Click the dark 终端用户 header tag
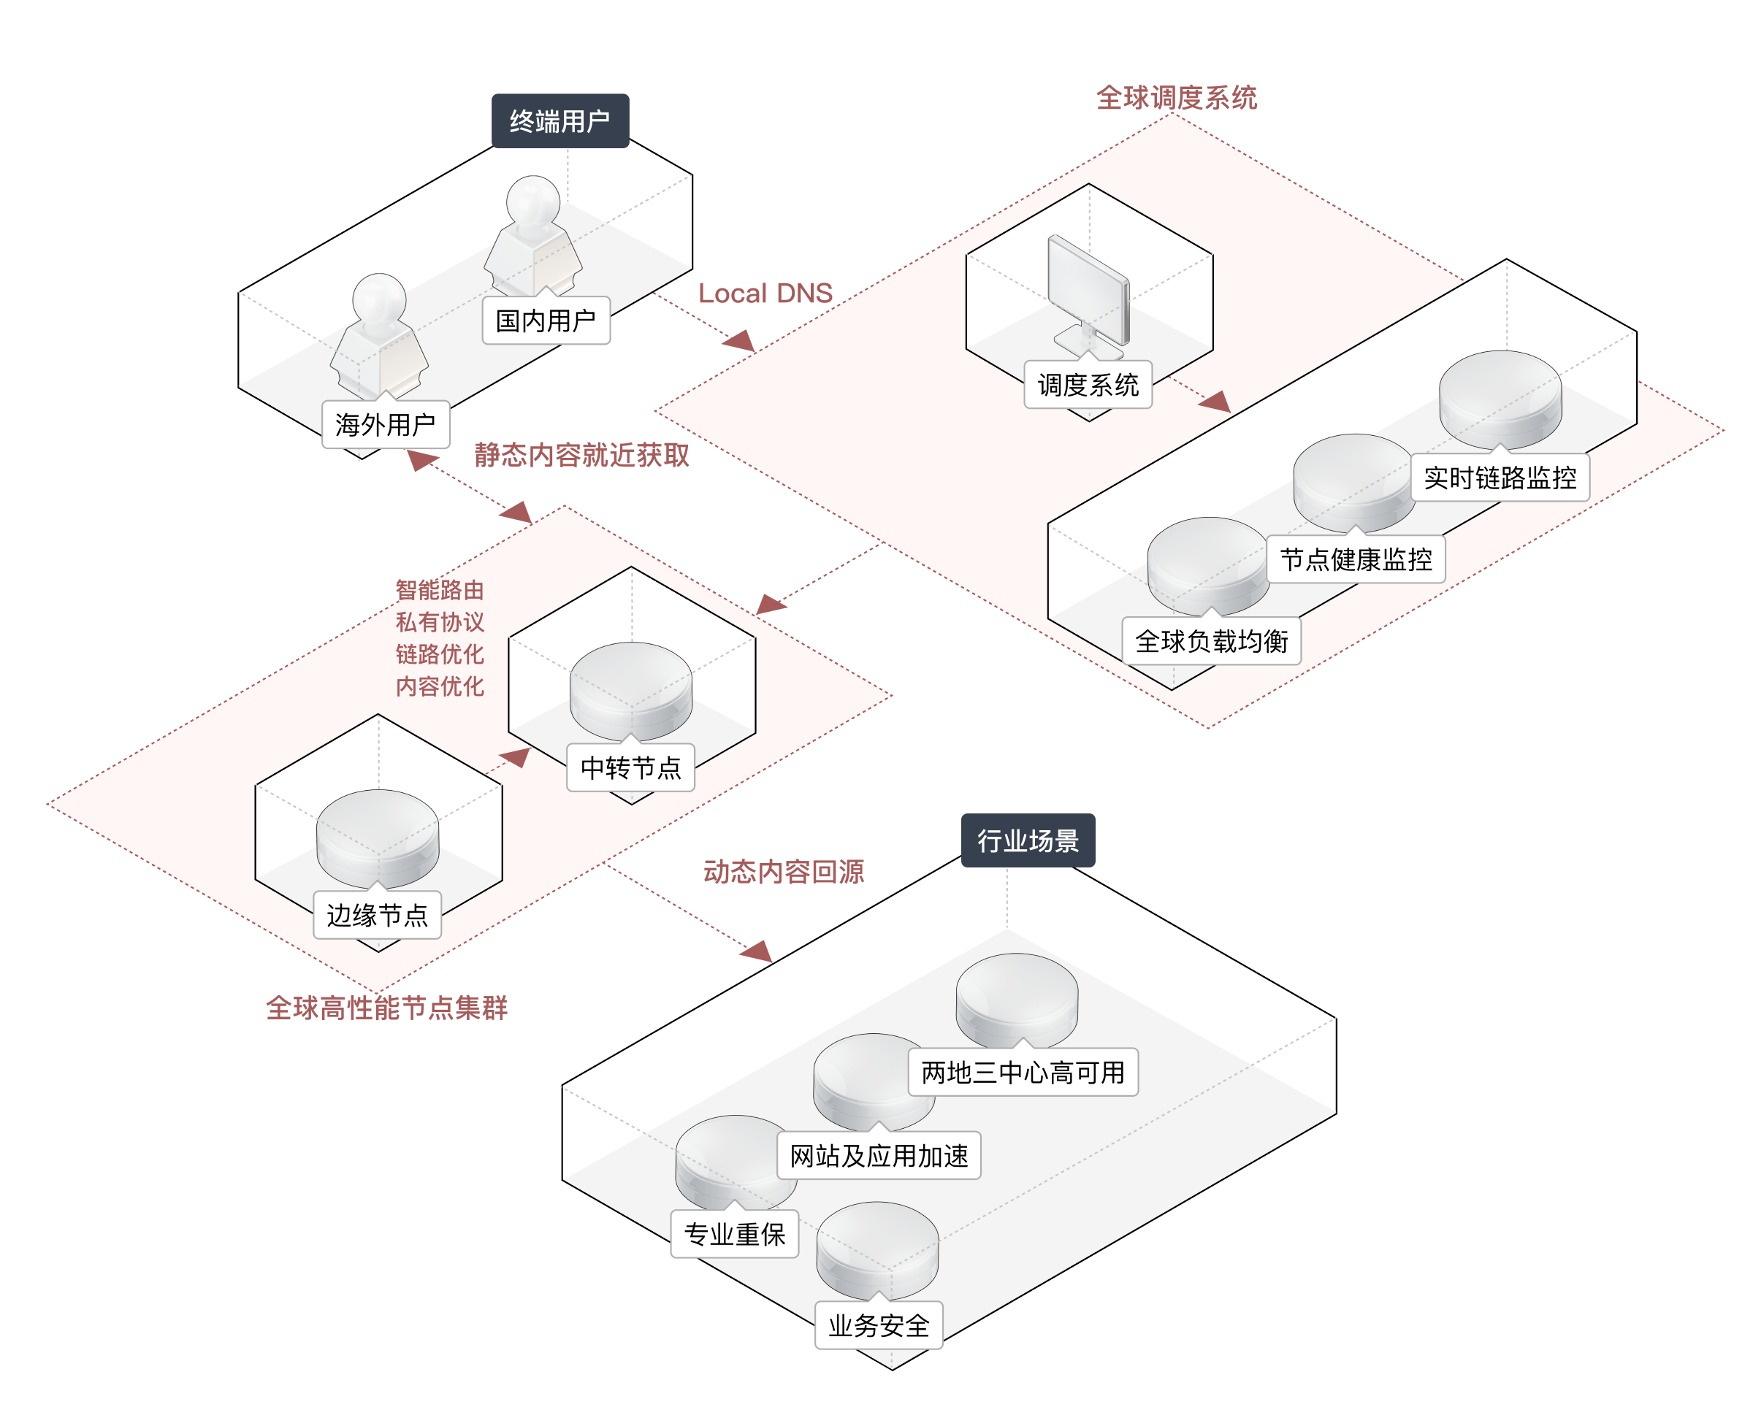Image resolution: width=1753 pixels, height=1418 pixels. point(559,121)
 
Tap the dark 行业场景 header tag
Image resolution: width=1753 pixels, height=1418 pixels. point(1027,840)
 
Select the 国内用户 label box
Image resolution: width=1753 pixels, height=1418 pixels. point(546,321)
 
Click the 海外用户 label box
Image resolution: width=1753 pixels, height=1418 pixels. point(386,424)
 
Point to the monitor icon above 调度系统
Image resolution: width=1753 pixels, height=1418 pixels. point(1089,294)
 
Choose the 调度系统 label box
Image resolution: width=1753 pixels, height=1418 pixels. point(1088,385)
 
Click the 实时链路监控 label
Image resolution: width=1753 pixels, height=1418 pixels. point(1499,477)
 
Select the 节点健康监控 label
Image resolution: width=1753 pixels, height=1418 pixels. point(1355,559)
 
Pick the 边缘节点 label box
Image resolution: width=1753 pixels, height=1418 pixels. point(378,915)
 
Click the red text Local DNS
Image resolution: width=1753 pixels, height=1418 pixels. point(765,294)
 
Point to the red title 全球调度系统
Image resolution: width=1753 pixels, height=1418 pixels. point(1175,98)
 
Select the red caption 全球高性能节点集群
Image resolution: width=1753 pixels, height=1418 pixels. point(386,1008)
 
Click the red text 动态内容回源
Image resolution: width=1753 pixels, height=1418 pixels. point(784,872)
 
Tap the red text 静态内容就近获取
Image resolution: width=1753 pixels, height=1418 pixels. point(581,455)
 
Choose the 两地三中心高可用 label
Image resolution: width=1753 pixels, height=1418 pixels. point(1023,1072)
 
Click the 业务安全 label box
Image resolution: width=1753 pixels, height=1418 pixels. point(879,1325)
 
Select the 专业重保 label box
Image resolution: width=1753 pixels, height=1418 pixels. point(734,1233)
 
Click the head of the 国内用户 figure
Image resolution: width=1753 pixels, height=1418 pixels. point(532,200)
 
